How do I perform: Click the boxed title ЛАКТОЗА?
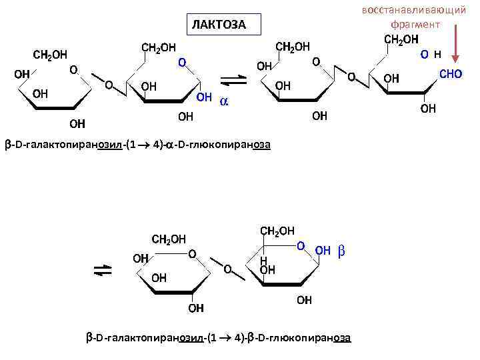(x=219, y=25)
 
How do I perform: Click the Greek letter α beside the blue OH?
(x=224, y=100)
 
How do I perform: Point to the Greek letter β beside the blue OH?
(x=341, y=251)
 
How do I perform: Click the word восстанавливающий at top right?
(x=413, y=10)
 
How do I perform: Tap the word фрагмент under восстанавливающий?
(x=415, y=24)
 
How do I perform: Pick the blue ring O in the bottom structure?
(x=301, y=246)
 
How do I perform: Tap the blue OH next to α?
(x=204, y=98)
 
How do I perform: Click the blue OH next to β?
(x=323, y=251)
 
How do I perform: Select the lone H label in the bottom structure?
(x=263, y=260)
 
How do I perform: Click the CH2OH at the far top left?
(x=51, y=54)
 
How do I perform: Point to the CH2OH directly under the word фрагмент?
(x=402, y=39)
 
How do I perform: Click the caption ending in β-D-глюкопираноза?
(x=219, y=337)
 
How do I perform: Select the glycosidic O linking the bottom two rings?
(x=227, y=269)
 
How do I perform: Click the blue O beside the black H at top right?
(x=424, y=53)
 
